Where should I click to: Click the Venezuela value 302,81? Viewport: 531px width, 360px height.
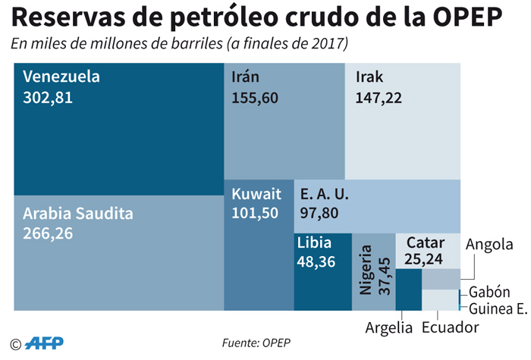[x=48, y=97]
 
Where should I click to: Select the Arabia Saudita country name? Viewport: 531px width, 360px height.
[x=78, y=214]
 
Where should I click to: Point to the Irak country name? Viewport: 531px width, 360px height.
[x=369, y=77]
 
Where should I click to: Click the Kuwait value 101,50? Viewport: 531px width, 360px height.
[x=256, y=213]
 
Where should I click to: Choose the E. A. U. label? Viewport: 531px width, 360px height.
[x=325, y=193]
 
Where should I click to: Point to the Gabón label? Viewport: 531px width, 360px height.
[x=489, y=292]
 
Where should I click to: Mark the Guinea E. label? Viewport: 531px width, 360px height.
[x=498, y=308]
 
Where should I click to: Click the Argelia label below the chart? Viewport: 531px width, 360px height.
[x=388, y=328]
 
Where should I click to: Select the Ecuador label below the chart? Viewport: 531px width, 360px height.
[x=451, y=328]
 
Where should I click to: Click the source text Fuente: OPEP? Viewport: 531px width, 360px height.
[x=256, y=343]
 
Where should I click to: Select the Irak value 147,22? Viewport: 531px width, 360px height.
[x=378, y=97]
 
